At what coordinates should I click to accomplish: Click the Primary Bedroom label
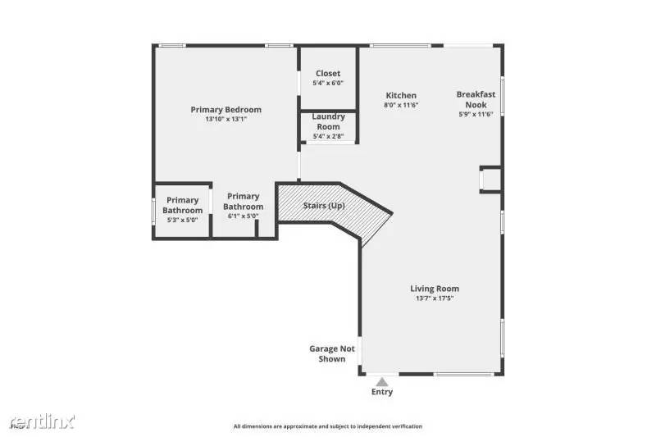(225, 110)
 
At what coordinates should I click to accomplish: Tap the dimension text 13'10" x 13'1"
(225, 120)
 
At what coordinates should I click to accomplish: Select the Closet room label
(328, 74)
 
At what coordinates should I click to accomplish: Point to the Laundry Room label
(328, 121)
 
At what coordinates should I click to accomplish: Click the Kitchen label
(401, 96)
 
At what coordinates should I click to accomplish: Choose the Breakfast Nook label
(476, 99)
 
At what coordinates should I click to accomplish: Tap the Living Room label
(435, 289)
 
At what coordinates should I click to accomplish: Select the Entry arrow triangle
(381, 380)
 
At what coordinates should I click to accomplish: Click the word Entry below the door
(382, 392)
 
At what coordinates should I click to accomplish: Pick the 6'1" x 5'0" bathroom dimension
(244, 216)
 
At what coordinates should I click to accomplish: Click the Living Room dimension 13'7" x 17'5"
(435, 298)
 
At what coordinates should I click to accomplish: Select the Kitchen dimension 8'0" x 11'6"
(401, 106)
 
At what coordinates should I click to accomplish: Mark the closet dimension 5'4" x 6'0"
(328, 84)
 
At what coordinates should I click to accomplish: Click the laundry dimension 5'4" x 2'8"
(328, 136)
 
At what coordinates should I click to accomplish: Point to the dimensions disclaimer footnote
(328, 426)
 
